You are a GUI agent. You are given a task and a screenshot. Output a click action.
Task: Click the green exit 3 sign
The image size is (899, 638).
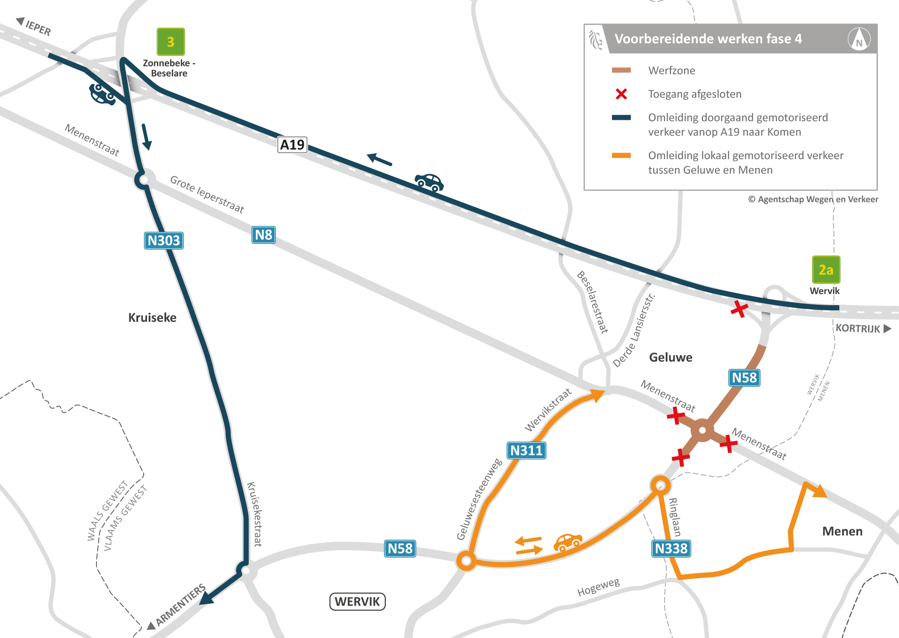(x=170, y=42)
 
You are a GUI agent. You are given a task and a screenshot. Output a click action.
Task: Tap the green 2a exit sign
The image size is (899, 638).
(x=826, y=270)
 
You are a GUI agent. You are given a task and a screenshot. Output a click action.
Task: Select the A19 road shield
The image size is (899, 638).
(x=292, y=145)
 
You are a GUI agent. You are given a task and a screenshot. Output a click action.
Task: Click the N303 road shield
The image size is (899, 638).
(x=163, y=241)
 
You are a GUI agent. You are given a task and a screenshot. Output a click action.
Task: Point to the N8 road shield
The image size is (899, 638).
(x=264, y=235)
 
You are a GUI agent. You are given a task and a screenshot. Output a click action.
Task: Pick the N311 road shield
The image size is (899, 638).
(x=526, y=450)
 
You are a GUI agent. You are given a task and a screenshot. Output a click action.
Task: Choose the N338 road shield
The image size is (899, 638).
(x=671, y=548)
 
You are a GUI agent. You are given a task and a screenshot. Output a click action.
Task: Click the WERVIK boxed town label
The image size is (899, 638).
(x=357, y=601)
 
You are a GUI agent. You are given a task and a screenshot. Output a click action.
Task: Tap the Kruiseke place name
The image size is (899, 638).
(x=152, y=318)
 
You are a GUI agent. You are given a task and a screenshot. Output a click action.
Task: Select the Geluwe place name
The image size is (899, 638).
(x=671, y=358)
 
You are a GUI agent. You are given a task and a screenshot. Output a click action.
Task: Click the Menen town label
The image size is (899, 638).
(x=842, y=531)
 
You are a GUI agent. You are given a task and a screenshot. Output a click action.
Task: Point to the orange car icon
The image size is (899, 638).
(x=568, y=542)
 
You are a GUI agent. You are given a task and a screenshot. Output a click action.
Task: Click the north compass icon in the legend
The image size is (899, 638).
(x=859, y=39)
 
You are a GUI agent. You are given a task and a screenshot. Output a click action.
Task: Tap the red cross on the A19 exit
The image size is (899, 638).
(x=739, y=308)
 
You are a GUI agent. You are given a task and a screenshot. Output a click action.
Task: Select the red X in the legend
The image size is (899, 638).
(x=621, y=94)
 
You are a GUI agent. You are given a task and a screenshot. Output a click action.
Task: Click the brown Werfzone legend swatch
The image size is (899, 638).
(x=621, y=70)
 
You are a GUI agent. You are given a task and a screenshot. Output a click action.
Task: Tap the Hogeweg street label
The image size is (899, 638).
(x=598, y=587)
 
